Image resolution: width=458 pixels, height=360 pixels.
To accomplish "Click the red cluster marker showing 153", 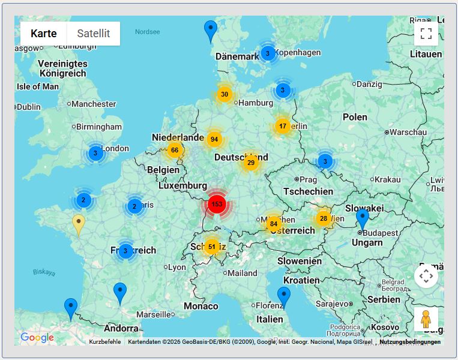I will click(x=217, y=204).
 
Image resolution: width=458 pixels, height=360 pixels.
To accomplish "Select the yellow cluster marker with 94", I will click(x=214, y=139).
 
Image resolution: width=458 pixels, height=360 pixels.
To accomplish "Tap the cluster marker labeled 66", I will click(x=175, y=150).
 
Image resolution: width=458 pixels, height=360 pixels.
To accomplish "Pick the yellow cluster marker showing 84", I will click(x=274, y=224).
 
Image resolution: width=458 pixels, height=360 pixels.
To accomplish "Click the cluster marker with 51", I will click(x=211, y=247).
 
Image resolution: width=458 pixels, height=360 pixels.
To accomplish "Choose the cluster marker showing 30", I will click(x=224, y=94).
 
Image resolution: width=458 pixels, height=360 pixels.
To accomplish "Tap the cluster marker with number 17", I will click(x=283, y=127).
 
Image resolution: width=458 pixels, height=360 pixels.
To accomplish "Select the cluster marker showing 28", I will click(x=324, y=218).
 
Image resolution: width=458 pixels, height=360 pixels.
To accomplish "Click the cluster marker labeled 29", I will click(x=251, y=163).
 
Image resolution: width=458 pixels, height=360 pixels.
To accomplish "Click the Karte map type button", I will click(x=44, y=34).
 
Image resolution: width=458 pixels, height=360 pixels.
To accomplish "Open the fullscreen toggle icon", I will click(x=426, y=34).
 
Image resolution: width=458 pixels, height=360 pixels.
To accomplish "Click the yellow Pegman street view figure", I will click(x=426, y=319).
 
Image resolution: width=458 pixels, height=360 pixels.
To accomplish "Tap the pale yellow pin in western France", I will click(x=79, y=224).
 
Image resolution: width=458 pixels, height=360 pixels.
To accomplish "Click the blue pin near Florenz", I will click(x=284, y=296).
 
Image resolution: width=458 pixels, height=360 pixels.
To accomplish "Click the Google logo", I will click(x=37, y=338).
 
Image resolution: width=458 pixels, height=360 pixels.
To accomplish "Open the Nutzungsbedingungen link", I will click(x=410, y=342).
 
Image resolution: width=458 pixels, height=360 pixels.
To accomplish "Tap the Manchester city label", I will click(x=94, y=104).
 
